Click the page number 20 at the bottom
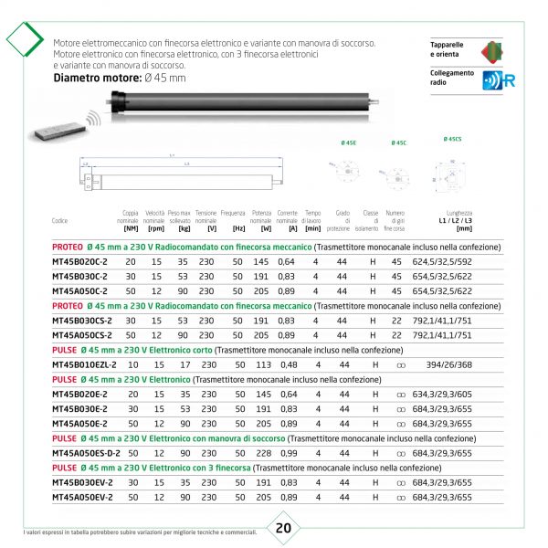(283, 528)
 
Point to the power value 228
(264, 452)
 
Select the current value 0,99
(287, 452)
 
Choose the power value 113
(264, 364)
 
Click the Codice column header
(60, 221)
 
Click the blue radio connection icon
(499, 79)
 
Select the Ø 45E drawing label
(348, 143)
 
